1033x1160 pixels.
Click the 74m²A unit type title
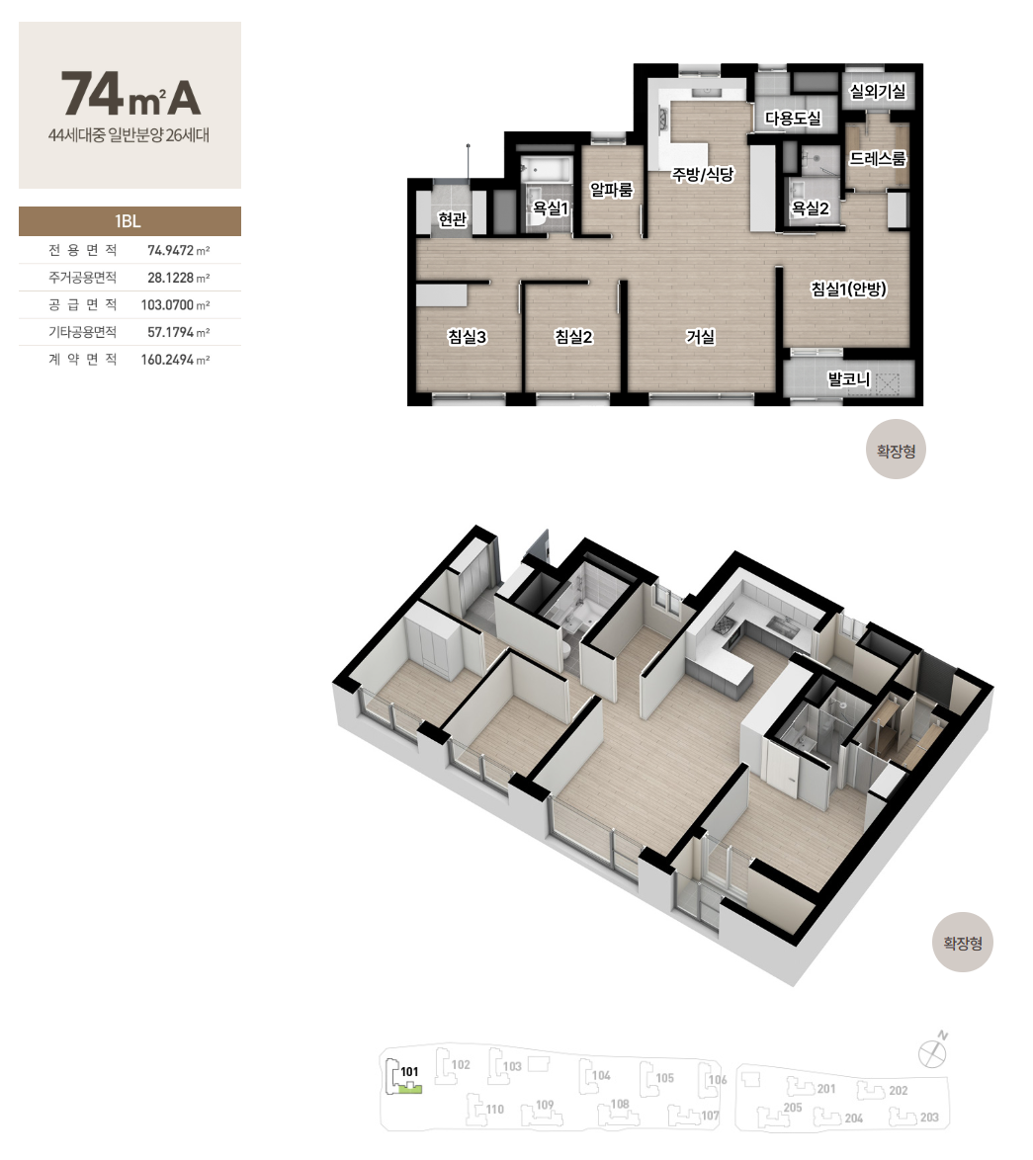[130, 94]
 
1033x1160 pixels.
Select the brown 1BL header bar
[129, 221]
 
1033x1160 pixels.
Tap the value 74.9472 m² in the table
[178, 250]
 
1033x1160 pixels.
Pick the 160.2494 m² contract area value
[175, 360]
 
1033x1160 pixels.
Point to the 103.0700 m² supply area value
[175, 304]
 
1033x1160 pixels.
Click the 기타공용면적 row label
[83, 332]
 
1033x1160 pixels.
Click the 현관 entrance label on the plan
[452, 219]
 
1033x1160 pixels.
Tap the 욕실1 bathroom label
[551, 208]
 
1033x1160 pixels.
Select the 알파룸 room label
[611, 190]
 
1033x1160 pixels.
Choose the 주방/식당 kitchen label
[702, 175]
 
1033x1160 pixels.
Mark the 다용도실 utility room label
[793, 119]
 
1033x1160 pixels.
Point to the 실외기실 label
[878, 91]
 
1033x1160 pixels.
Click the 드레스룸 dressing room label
[878, 158]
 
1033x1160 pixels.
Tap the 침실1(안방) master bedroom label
[848, 289]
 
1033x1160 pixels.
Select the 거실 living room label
[700, 337]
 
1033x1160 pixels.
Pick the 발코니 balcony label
[849, 379]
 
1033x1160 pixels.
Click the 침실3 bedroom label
[467, 337]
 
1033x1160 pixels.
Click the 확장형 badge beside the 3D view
[963, 943]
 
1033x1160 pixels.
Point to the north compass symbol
[932, 1051]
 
